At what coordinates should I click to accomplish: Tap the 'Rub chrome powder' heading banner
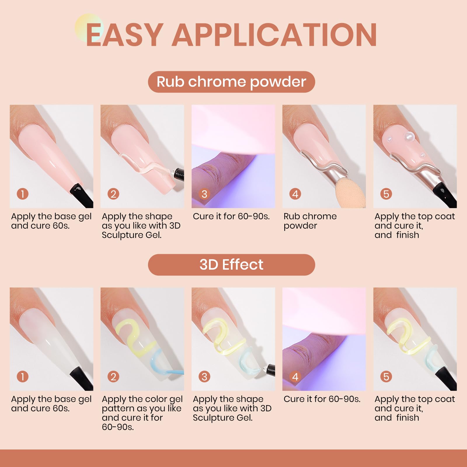pos(231,82)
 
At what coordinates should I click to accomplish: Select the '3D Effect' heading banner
pos(231,265)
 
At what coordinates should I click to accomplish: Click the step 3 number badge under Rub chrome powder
pos(204,194)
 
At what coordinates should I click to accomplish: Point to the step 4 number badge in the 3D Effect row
pos(295,377)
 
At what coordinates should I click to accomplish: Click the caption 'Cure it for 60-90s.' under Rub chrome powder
pos(231,216)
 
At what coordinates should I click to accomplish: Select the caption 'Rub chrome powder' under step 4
pos(310,221)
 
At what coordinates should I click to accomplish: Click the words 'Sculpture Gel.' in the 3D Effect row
pos(223,418)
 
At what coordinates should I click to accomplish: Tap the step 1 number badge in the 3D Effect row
pos(22,377)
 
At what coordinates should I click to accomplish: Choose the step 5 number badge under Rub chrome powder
pos(386,194)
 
